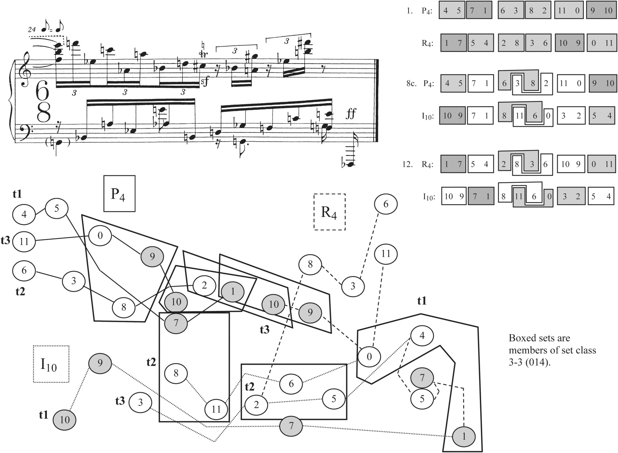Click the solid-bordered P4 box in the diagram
(119, 193)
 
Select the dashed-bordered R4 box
(329, 211)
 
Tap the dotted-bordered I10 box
(51, 364)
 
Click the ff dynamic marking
(351, 114)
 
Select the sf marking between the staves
(205, 82)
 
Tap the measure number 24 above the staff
(32, 30)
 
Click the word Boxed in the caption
(522, 338)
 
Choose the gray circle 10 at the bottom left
(64, 420)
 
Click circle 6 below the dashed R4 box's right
(385, 204)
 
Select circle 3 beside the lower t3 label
(140, 402)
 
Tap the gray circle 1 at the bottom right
(464, 436)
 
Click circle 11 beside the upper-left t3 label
(24, 241)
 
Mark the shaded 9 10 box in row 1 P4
(601, 10)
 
